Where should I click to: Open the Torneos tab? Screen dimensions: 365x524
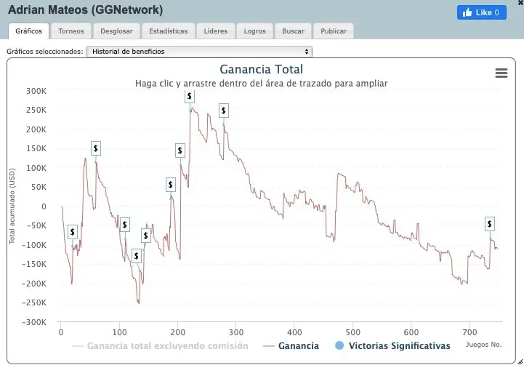tap(72, 31)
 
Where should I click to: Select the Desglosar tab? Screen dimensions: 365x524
tap(116, 31)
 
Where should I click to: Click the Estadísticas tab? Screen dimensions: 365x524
tap(168, 31)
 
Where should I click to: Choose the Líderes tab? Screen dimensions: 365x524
tap(216, 31)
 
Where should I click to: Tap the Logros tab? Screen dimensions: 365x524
tap(255, 31)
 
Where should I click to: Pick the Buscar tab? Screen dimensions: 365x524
tap(293, 31)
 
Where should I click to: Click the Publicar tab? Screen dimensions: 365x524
tap(334, 31)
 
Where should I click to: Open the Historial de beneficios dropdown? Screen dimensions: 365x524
tap(198, 52)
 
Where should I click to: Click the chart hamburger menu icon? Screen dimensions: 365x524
tap(501, 73)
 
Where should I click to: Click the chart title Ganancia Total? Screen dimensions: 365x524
tap(261, 70)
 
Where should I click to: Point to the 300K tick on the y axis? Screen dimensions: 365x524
tap(36, 91)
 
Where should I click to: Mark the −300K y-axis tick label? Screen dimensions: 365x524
tap(34, 322)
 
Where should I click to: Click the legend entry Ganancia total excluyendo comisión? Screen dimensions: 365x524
tap(167, 346)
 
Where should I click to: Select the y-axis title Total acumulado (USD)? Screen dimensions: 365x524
tap(12, 207)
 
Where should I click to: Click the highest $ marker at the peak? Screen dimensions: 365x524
tap(190, 96)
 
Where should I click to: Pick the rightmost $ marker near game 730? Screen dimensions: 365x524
tap(490, 224)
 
